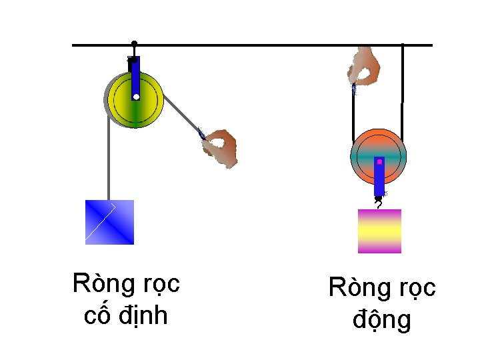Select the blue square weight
click(109, 222)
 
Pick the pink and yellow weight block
click(379, 231)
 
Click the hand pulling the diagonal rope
click(221, 146)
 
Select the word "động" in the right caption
click(381, 320)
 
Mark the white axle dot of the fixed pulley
click(135, 97)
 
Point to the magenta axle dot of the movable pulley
click(379, 161)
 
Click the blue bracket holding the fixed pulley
click(135, 77)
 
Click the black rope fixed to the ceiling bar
click(402, 73)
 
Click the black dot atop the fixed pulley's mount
click(135, 44)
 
